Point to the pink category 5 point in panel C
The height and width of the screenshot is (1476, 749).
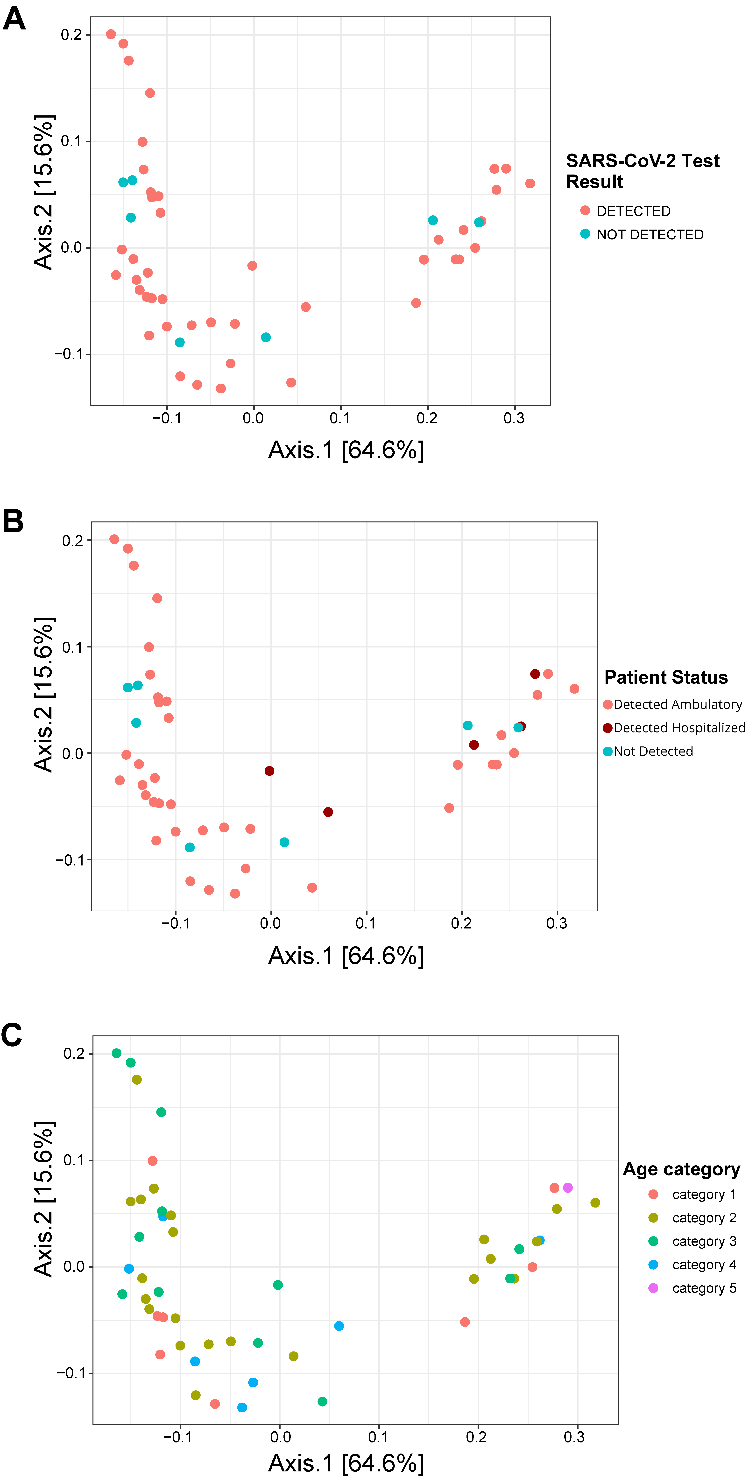click(x=567, y=1188)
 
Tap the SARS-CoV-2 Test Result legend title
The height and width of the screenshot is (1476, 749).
click(x=642, y=171)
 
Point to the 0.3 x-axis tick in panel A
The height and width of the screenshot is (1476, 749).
click(x=514, y=418)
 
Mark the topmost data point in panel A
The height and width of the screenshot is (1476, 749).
click(x=111, y=34)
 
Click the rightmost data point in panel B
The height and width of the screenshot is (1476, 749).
click(x=574, y=689)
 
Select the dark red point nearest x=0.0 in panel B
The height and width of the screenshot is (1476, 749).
click(x=269, y=771)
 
